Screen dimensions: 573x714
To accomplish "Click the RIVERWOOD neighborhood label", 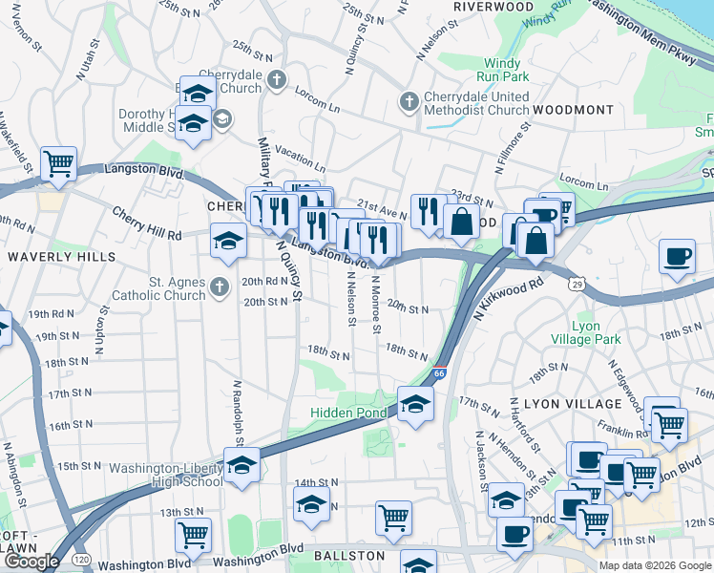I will pos(493,7).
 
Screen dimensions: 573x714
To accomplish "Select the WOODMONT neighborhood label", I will pos(573,110).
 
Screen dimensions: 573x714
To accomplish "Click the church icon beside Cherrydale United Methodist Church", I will pos(409,100).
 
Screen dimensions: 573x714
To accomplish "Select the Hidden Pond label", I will pos(348,413).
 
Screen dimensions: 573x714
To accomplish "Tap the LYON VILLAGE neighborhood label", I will pos(553,404).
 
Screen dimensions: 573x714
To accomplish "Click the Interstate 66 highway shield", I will pos(438,375).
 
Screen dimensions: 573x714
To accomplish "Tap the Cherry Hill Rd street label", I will pos(146,223).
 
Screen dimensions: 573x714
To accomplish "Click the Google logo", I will pos(31,562).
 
